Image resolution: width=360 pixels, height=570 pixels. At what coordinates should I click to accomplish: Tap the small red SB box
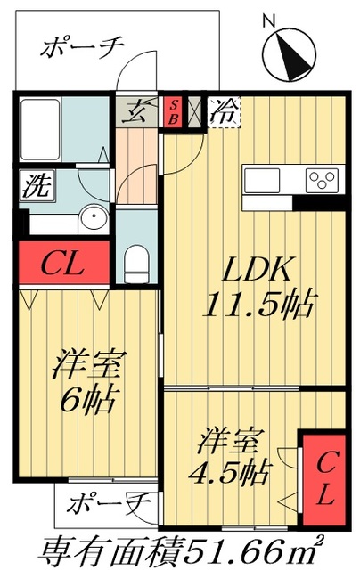[x=173, y=111]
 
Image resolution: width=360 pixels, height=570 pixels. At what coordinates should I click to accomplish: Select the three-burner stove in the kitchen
[x=321, y=180]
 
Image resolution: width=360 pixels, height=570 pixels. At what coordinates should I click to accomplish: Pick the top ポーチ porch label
[x=81, y=48]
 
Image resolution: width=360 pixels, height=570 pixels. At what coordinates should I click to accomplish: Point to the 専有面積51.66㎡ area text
[x=182, y=549]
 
